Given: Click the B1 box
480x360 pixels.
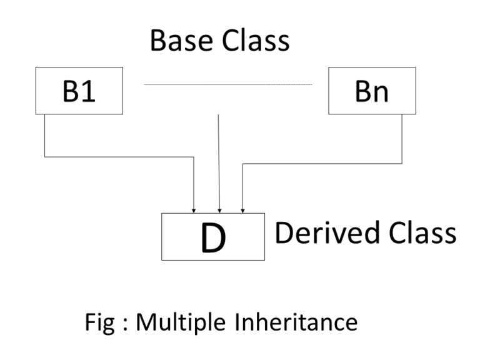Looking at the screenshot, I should coord(79,91).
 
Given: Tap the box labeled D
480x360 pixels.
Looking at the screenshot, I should coord(212,236).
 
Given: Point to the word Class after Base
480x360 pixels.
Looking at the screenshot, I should coord(257,41).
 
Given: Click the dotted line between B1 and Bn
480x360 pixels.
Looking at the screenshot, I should coord(227,84).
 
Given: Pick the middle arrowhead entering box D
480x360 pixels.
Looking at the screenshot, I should coord(219,210).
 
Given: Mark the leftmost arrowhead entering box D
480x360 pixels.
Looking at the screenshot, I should coord(195,210).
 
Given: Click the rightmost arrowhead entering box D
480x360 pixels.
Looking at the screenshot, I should coord(242,210).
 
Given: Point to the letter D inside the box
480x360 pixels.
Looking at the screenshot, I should coord(212,237).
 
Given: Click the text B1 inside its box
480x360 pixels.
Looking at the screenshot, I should coord(79,91).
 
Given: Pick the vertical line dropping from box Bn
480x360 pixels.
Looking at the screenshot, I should coord(402,139).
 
